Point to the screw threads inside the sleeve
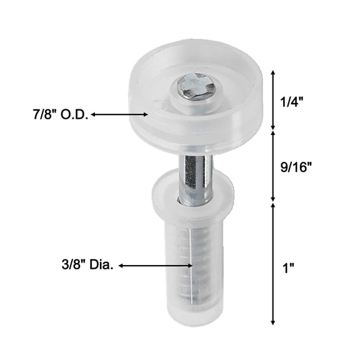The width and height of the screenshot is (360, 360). [x=196, y=262]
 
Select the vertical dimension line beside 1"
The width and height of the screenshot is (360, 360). [x=272, y=263]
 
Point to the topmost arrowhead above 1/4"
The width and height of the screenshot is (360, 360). [x=272, y=72]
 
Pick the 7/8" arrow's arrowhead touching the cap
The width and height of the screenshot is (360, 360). [x=146, y=114]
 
